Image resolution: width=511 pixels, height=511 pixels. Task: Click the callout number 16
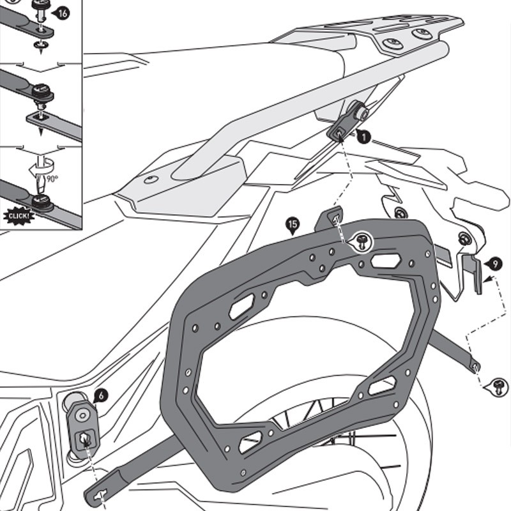tap(63, 13)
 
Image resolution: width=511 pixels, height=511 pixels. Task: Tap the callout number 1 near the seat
tap(363, 137)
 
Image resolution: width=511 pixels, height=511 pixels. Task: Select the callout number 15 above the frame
tap(292, 224)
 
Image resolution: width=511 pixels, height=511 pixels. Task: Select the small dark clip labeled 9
tap(473, 271)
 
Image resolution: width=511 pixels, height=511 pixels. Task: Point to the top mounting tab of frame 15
tap(330, 218)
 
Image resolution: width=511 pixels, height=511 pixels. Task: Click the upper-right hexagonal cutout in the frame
tap(386, 261)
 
